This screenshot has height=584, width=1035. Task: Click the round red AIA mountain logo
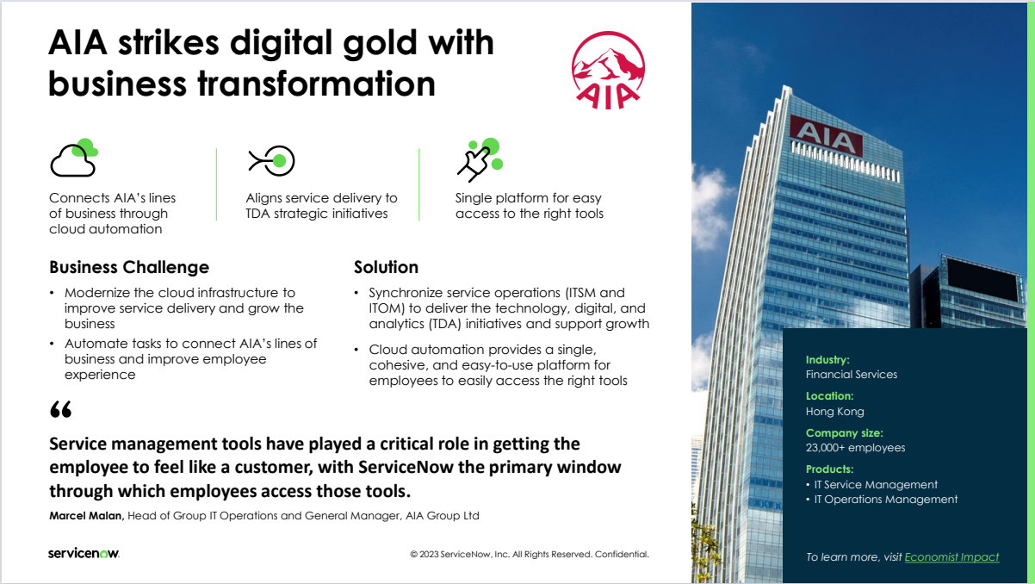[x=608, y=70]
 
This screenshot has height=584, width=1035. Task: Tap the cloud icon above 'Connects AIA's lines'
[x=74, y=158]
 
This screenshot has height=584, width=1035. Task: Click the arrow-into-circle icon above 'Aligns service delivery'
[x=272, y=161]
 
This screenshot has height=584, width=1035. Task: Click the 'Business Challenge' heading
[x=129, y=267]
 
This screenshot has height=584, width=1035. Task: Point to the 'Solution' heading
[x=386, y=267]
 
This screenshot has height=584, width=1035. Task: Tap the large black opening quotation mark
[x=61, y=409]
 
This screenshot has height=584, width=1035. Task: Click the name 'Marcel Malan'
[x=86, y=516]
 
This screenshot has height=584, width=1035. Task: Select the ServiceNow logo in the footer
[x=84, y=553]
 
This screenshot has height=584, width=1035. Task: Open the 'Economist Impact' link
[x=951, y=556]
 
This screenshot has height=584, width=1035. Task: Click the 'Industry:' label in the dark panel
[x=827, y=360]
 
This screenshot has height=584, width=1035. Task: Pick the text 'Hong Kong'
[x=835, y=411]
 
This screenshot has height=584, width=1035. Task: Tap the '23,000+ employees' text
[x=855, y=448]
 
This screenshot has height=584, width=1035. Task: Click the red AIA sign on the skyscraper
[x=826, y=136]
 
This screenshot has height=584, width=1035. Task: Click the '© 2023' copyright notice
[x=530, y=554]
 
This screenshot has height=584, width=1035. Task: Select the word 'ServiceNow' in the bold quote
[x=406, y=467]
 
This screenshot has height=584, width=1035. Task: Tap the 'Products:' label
[x=829, y=469]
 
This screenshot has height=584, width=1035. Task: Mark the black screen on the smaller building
[x=982, y=279]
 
